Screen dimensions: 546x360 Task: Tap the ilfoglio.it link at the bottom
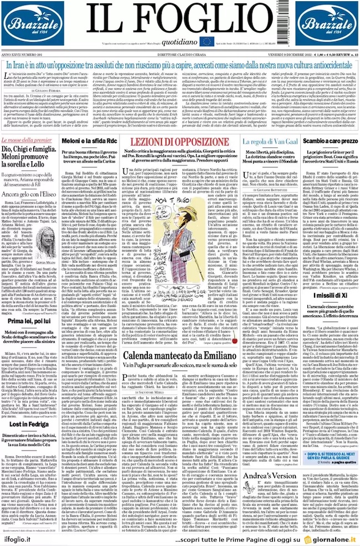21,537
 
